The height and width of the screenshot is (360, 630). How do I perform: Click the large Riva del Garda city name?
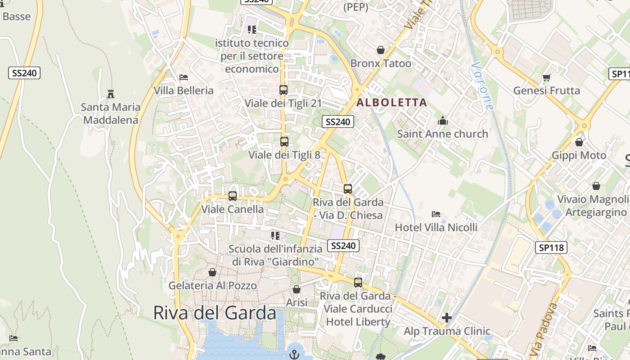215,312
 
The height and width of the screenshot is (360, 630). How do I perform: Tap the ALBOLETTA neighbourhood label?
391,103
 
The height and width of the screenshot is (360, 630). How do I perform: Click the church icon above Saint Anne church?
443,121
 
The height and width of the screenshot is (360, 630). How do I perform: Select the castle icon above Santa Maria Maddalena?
111,94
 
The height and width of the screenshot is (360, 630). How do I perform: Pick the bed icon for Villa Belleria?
183,77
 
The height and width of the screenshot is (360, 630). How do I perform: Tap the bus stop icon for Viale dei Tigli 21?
283,90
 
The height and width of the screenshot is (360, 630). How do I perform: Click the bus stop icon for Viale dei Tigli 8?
284,142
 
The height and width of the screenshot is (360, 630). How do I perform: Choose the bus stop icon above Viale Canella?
232,196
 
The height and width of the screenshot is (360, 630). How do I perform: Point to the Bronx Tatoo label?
381,63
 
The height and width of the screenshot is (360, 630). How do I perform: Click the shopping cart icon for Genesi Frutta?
547,78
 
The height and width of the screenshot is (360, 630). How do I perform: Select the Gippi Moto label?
579,156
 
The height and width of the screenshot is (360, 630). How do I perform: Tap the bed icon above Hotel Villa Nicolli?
436,214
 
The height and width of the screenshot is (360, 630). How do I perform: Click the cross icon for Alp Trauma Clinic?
446,318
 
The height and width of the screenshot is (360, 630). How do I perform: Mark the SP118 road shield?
551,247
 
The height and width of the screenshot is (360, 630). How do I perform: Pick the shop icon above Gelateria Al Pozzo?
212,273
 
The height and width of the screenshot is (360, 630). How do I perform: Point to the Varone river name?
483,85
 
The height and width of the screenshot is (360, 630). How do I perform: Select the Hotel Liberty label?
358,322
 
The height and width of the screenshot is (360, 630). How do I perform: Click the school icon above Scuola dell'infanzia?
275,236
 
